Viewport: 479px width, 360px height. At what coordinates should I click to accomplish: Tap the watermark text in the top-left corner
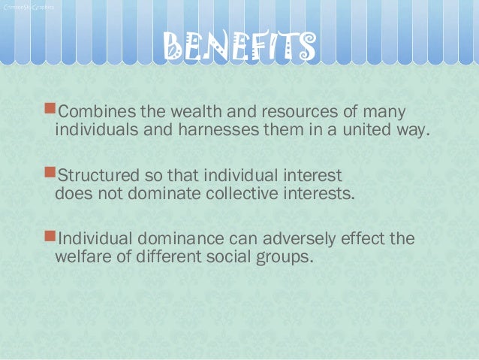click(x=28, y=7)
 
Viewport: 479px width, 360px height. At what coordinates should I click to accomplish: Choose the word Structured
click(x=95, y=177)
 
